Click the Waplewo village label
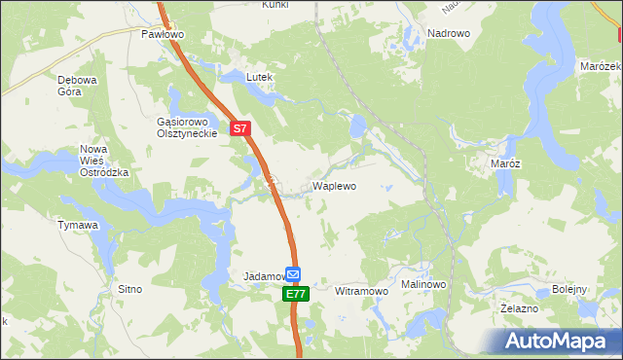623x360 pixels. [x=333, y=185]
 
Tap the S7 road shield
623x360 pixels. [x=241, y=126]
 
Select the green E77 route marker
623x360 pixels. [x=297, y=293]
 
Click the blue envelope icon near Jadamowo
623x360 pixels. [x=293, y=275]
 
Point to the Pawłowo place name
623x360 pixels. [x=162, y=33]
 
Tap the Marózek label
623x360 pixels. [x=601, y=65]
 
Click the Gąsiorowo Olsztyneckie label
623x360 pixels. [x=184, y=127]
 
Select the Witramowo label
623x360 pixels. [x=361, y=291]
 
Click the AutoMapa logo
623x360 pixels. [x=559, y=341]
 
